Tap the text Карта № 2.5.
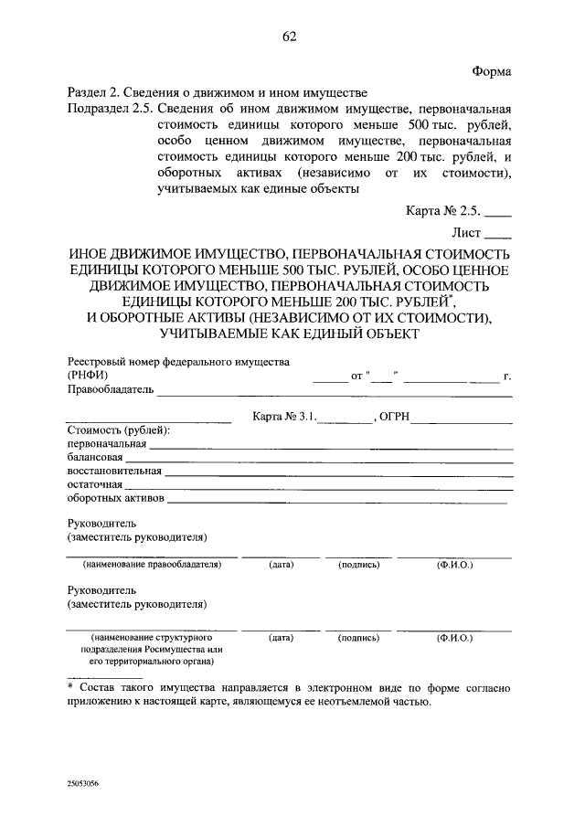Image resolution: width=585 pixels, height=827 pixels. (442, 209)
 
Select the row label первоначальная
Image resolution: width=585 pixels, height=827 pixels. (107, 444)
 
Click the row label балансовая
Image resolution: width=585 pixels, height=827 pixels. (95, 458)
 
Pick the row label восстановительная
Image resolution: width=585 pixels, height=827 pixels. (114, 472)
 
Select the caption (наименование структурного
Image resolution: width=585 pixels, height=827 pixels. (152, 635)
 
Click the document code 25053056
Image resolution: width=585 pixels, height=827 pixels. (82, 784)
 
